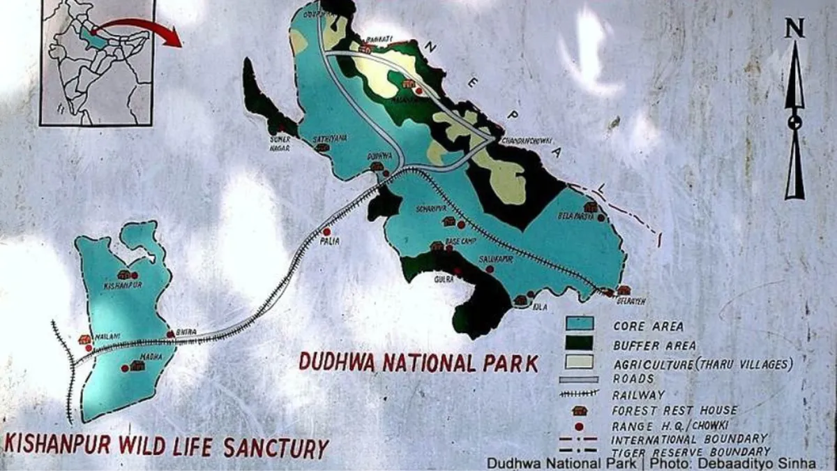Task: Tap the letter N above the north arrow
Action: pos(794,28)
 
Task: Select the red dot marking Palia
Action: pos(326,231)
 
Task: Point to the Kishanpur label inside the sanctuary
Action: pos(123,285)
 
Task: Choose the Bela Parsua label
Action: pos(575,216)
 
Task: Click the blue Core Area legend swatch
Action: pos(580,324)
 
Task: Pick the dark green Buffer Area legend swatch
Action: pos(580,343)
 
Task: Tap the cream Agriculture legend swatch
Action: pos(580,361)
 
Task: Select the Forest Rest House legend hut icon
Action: pos(579,410)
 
